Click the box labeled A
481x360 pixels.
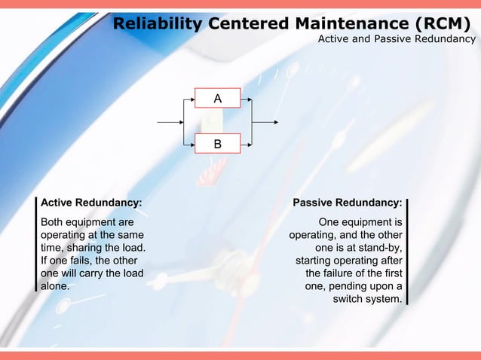(217, 99)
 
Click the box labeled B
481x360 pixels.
(217, 142)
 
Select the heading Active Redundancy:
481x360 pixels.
(90, 203)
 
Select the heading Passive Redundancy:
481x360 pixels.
(347, 203)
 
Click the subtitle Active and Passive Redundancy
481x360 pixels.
(396, 38)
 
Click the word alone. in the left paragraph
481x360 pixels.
(55, 287)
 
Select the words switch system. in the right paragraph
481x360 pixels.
(367, 300)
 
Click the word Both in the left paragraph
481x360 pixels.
(53, 222)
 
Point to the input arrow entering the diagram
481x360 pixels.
(170, 121)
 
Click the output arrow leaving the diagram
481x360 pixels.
(268, 121)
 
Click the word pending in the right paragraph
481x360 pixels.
(357, 287)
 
